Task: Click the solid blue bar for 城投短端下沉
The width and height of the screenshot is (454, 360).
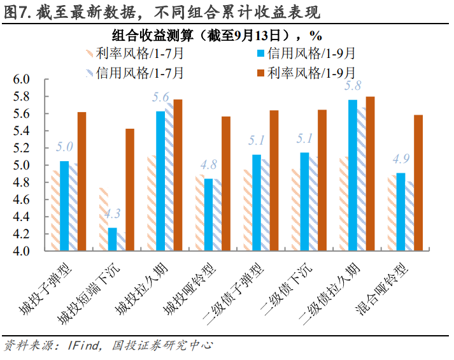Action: click(x=112, y=239)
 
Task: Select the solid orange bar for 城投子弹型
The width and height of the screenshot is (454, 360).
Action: click(x=81, y=182)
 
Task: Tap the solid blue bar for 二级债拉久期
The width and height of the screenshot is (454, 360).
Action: click(x=353, y=175)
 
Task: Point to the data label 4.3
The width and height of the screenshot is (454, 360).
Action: click(x=112, y=215)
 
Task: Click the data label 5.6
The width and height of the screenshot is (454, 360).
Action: click(x=160, y=97)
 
